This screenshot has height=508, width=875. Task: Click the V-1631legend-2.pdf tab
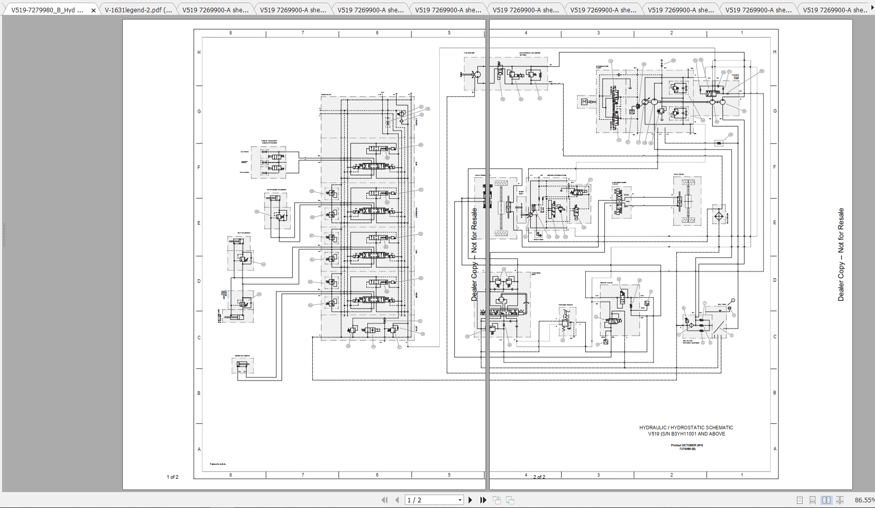pos(138,10)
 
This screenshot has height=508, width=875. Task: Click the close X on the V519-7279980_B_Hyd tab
pos(93,10)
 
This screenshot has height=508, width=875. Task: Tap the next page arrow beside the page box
pos(470,500)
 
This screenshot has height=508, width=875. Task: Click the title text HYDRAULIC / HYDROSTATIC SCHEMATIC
pos(686,428)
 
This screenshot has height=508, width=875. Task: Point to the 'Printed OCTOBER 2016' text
pos(686,445)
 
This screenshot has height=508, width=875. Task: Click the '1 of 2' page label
pos(172,477)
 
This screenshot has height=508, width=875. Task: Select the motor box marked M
pos(584,102)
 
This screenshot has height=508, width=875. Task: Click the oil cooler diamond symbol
pos(718,216)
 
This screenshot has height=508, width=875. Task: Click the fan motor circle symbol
pos(477,75)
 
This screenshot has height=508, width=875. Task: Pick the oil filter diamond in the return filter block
pos(691,325)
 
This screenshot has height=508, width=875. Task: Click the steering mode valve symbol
pos(621,201)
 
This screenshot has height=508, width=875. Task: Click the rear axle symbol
pos(687,201)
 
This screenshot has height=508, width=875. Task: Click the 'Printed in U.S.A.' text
pos(218,464)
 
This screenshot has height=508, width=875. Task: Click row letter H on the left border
pos(199,52)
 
